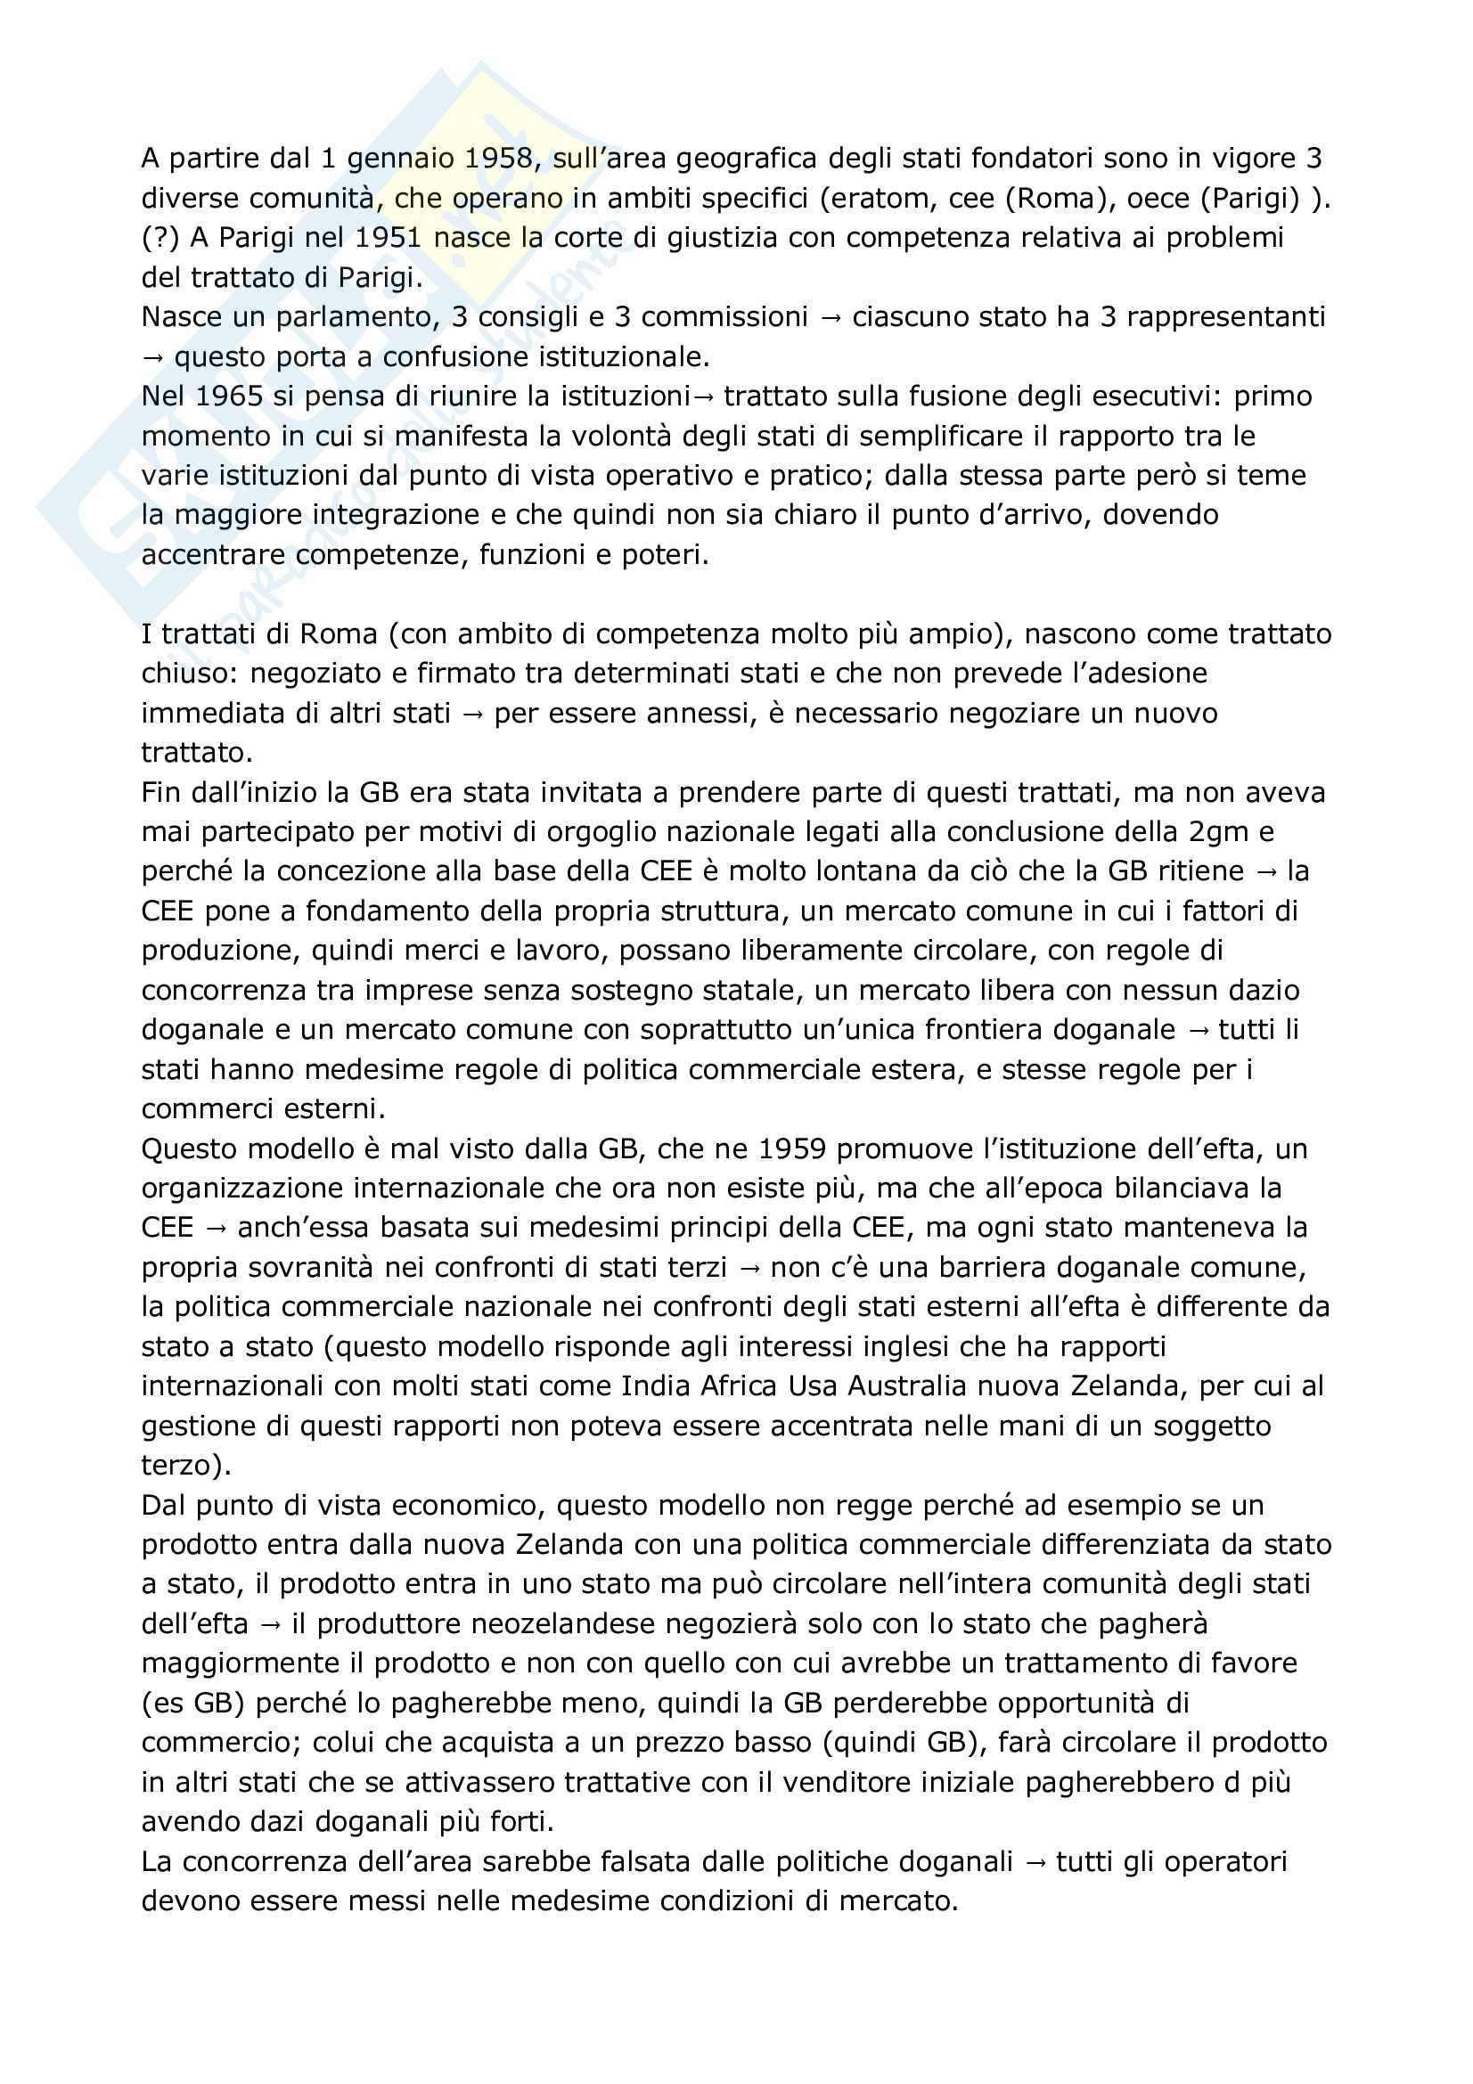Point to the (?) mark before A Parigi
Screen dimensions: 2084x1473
[160, 238]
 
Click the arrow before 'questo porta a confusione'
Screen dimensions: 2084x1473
[152, 356]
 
